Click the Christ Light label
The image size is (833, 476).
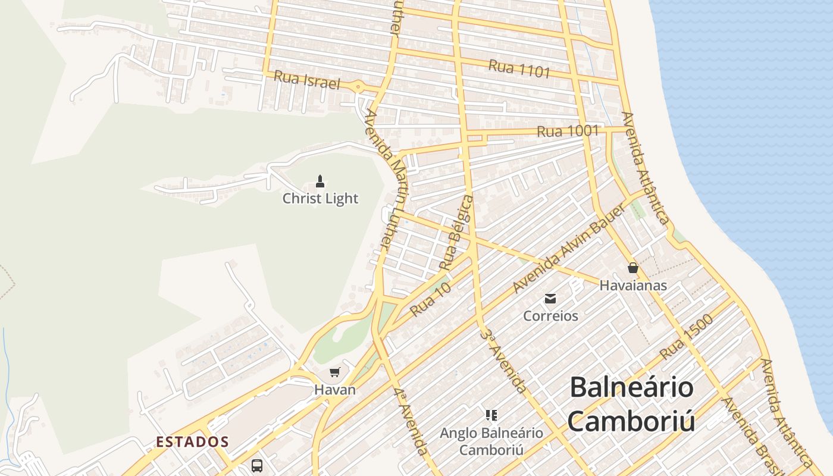click(x=320, y=198)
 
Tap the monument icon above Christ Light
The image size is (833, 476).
click(x=320, y=181)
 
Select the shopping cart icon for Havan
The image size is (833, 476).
click(x=334, y=372)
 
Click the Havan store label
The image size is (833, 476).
click(x=335, y=390)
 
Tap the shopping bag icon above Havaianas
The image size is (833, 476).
click(x=632, y=268)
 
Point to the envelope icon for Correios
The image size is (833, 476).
click(x=550, y=298)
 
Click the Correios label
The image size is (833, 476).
click(x=550, y=315)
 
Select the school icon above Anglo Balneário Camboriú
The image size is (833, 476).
click(x=491, y=415)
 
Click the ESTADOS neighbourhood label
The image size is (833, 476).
click(x=192, y=442)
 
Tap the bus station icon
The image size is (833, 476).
click(x=256, y=465)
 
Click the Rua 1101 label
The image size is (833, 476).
click(x=519, y=69)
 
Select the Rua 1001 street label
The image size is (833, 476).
click(x=568, y=131)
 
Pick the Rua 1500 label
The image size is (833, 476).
click(x=686, y=337)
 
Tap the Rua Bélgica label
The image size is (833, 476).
click(x=457, y=232)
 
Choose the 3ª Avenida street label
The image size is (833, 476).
click(x=503, y=361)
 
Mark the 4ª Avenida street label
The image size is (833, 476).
click(x=411, y=421)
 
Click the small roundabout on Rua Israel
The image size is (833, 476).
click(x=358, y=87)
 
